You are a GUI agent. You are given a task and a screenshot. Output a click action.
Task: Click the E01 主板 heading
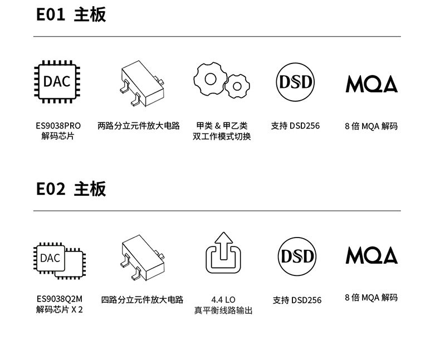pos(71,15)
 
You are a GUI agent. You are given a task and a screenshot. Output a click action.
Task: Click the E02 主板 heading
pos(71,189)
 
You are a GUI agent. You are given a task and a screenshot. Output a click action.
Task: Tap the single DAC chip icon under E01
pos(57,82)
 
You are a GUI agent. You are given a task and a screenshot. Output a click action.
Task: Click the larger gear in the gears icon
pos(211,78)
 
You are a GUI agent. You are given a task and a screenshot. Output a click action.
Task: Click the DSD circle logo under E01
pos(296,83)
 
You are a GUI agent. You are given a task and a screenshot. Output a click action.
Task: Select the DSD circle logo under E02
pos(296,257)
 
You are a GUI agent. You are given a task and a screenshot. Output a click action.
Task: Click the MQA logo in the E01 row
pos(371,83)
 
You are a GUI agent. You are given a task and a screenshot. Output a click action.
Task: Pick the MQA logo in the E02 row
pos(371,255)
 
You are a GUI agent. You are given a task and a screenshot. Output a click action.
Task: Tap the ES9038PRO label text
pos(58,126)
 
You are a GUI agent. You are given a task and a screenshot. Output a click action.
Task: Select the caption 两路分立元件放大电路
pos(139,126)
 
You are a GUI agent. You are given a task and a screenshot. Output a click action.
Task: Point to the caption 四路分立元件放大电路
pos(142,300)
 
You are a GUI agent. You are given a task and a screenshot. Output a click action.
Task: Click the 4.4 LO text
pos(223,299)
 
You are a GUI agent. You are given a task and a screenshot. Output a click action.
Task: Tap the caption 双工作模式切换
pos(222,137)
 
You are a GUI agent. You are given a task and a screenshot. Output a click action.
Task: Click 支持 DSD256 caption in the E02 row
pos(297,300)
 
